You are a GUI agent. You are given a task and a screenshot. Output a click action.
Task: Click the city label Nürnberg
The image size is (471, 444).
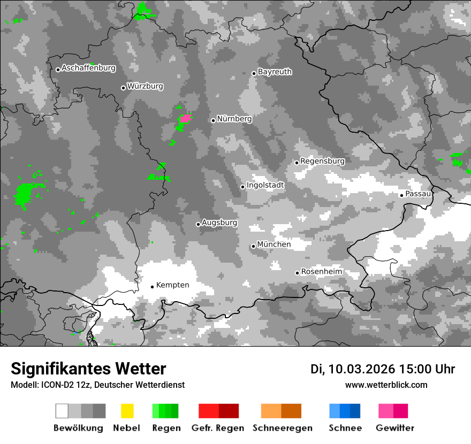pyautogui.click(x=234, y=119)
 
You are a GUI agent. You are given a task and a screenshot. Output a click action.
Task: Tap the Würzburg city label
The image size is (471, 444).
pyautogui.click(x=145, y=86)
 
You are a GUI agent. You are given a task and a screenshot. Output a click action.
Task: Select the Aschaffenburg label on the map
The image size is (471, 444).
pyautogui.click(x=88, y=68)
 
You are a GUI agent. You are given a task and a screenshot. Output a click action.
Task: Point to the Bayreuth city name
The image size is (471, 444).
pyautogui.click(x=275, y=72)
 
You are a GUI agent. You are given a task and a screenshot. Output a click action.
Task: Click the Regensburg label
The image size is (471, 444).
pyautogui.click(x=322, y=161)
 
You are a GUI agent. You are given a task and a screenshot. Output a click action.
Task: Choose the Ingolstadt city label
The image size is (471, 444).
pyautogui.click(x=265, y=185)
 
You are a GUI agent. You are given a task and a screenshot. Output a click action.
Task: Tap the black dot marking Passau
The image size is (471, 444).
pyautogui.click(x=401, y=195)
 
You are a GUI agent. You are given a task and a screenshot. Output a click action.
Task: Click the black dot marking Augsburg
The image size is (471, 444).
pyautogui.click(x=198, y=224)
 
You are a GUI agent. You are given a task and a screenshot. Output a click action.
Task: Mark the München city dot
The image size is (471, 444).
pyautogui.click(x=253, y=246)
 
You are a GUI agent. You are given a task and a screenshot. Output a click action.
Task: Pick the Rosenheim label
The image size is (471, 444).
pyautogui.click(x=321, y=272)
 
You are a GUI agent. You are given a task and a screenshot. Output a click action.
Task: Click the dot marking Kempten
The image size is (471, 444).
pyautogui.click(x=152, y=287)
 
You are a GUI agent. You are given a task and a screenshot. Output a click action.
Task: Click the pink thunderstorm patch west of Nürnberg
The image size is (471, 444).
pyautogui.click(x=186, y=118)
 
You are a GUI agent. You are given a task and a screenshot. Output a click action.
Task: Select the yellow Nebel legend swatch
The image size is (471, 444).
pyautogui.click(x=127, y=411)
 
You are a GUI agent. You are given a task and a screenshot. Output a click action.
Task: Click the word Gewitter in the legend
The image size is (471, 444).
pyautogui.click(x=395, y=428)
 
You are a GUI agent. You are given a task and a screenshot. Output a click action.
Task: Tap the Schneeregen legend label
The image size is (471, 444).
pyautogui.click(x=283, y=428)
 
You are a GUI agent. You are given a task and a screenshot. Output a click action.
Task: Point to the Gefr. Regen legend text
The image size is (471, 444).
pyautogui.click(x=218, y=428)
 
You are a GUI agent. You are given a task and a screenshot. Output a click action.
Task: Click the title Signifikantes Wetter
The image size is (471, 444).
pyautogui.click(x=88, y=369)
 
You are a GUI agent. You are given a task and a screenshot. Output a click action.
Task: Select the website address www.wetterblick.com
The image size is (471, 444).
pyautogui.click(x=386, y=385)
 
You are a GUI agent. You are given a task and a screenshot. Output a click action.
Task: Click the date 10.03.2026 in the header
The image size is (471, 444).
pyautogui.click(x=361, y=369)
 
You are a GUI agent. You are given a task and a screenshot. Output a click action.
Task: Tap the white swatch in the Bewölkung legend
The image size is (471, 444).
pyautogui.click(x=62, y=411)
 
